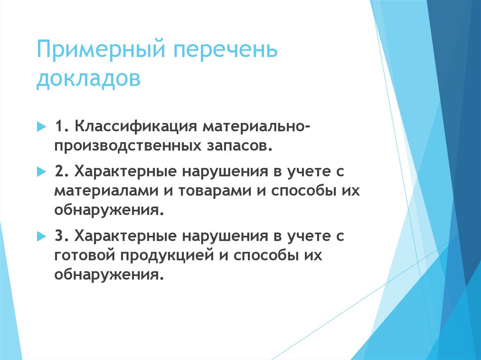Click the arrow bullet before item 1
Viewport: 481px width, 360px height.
41,127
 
